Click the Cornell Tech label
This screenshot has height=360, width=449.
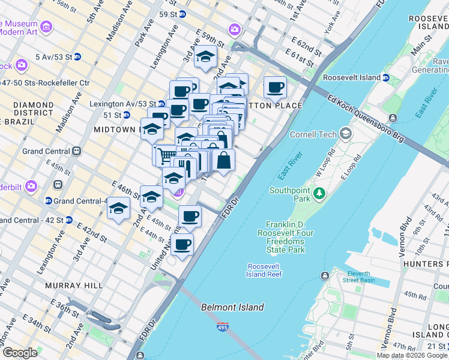312,134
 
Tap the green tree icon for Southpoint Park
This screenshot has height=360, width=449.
319,192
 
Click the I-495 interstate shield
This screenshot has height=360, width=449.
222,328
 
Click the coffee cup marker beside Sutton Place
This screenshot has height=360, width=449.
275,88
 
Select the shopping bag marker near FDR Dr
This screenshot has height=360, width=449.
223,161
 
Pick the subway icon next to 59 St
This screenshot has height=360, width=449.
182,13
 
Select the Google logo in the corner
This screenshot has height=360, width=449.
20,353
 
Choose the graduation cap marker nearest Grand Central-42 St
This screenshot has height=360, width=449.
119,209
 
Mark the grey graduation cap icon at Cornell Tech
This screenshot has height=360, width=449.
345,133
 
